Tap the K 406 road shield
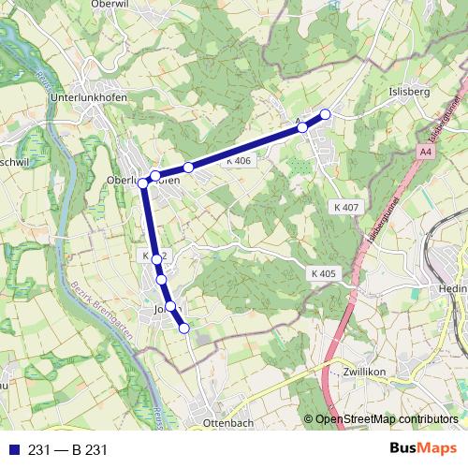(x=239, y=161)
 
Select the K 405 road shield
(x=321, y=273)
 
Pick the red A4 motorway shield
(x=427, y=152)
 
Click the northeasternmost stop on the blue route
(x=326, y=114)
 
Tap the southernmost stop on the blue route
(x=184, y=328)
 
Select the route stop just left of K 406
(x=188, y=168)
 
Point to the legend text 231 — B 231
(x=68, y=450)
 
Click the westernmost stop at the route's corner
(x=143, y=183)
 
